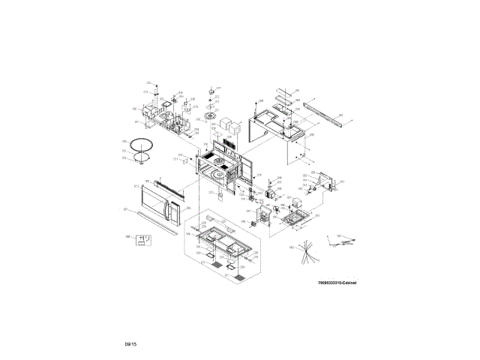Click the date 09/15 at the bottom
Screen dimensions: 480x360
point(130,343)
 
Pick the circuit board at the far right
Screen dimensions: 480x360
point(328,182)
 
